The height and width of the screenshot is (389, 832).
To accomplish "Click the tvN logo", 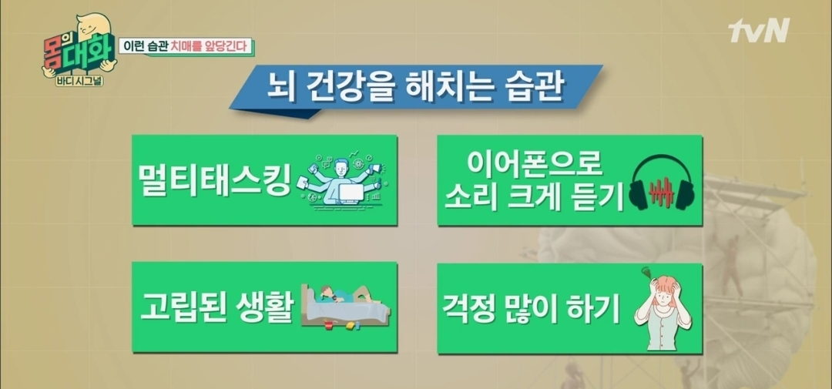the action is pos(758,30).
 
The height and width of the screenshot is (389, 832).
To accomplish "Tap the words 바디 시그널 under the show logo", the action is pos(74,82).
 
